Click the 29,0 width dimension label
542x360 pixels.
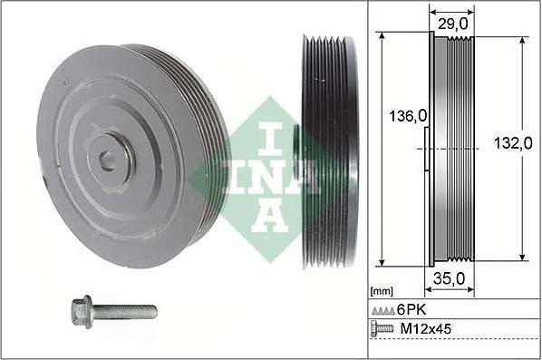[x=453, y=24]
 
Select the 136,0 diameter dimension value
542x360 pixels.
[x=408, y=116]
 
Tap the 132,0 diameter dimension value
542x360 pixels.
[x=513, y=143]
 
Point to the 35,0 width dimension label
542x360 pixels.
[x=449, y=278]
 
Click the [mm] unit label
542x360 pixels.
[x=382, y=291]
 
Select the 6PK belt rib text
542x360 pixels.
[x=411, y=309]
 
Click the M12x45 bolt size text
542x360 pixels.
[x=425, y=328]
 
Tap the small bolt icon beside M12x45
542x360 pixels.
[x=382, y=328]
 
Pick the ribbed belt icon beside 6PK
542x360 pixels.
[x=383, y=311]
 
